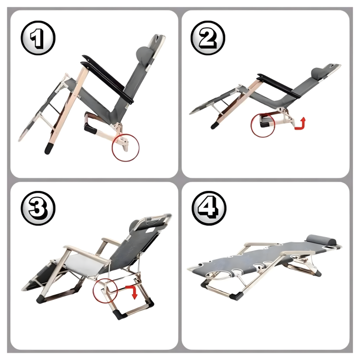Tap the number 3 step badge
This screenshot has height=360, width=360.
[38, 208]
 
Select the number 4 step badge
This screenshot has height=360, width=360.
[208, 208]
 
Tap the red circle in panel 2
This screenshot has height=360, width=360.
[263, 124]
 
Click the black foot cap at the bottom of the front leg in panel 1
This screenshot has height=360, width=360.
[49, 148]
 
